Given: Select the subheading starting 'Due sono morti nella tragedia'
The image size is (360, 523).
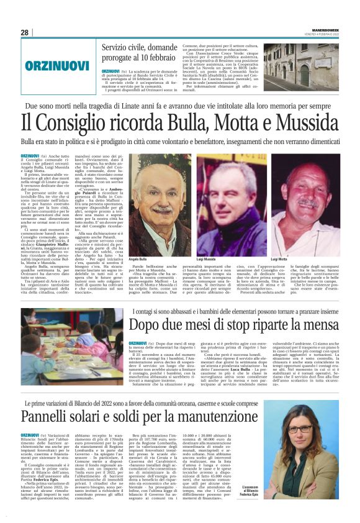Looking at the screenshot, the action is (179, 106).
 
